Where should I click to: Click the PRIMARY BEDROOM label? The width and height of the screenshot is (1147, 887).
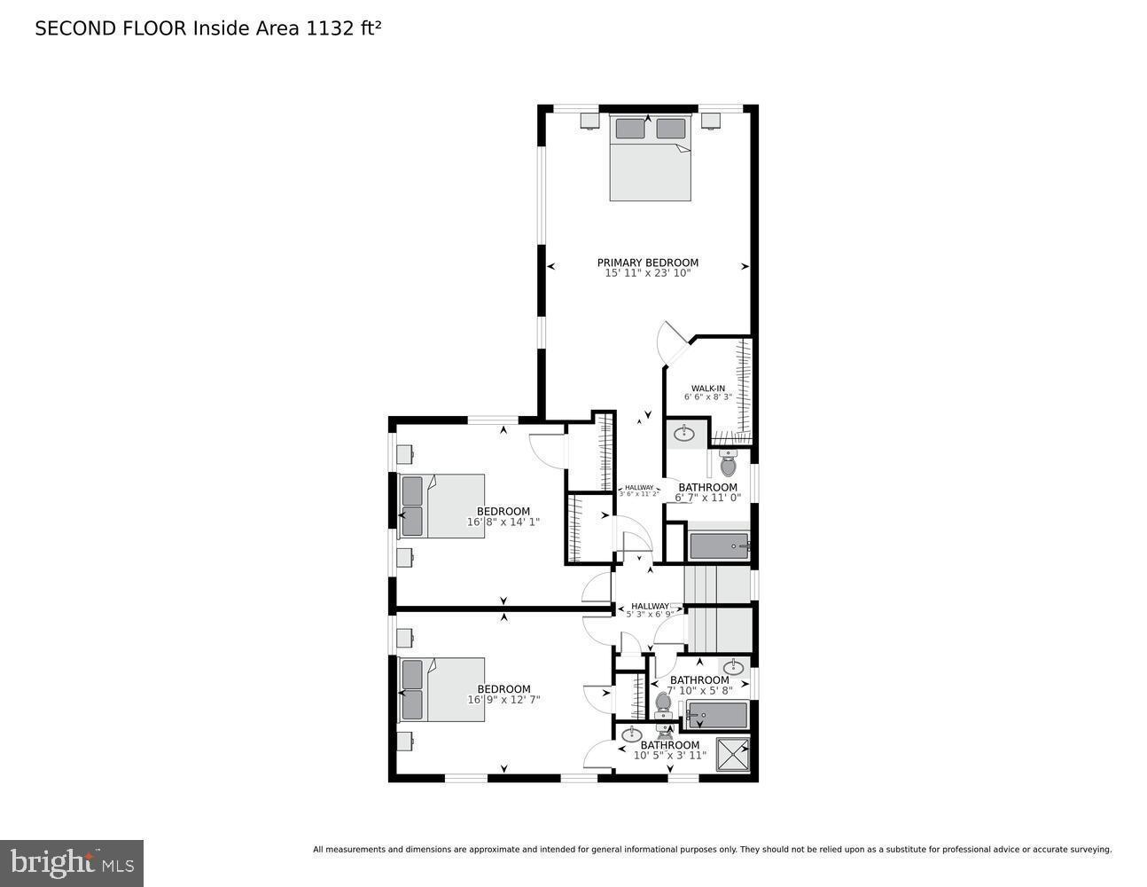pyautogui.click(x=647, y=263)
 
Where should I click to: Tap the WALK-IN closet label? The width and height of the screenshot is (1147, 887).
pyautogui.click(x=708, y=389)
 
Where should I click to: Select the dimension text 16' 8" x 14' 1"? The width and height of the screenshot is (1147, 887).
pyautogui.click(x=503, y=522)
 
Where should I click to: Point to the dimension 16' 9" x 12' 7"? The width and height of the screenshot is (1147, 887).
pyautogui.click(x=503, y=700)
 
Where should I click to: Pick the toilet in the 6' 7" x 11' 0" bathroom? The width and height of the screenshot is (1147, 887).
pyautogui.click(x=728, y=464)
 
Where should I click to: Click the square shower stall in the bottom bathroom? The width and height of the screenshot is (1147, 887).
pyautogui.click(x=732, y=755)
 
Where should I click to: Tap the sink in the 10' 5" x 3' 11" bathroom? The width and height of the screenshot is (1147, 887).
pyautogui.click(x=631, y=734)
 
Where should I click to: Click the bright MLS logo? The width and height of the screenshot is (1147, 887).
pyautogui.click(x=71, y=863)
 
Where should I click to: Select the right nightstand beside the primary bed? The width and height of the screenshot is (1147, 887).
pyautogui.click(x=710, y=122)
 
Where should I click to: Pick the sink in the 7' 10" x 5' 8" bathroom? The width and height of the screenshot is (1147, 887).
pyautogui.click(x=733, y=668)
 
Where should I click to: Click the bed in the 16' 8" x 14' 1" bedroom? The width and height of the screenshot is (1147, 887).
pyautogui.click(x=442, y=506)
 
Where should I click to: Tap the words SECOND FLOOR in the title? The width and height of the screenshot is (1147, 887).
pyautogui.click(x=110, y=28)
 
